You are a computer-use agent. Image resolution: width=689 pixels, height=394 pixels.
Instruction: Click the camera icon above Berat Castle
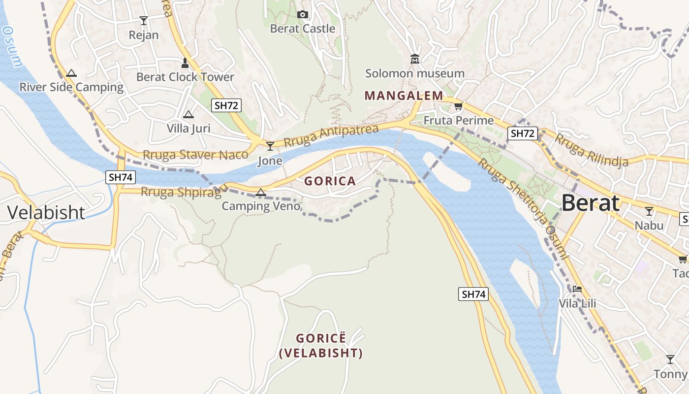(303, 15)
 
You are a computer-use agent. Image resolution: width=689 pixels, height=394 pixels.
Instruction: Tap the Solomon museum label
(414, 73)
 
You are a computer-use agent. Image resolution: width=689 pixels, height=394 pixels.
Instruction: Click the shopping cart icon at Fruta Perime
(458, 106)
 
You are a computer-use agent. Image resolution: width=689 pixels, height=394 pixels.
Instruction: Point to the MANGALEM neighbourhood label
(404, 96)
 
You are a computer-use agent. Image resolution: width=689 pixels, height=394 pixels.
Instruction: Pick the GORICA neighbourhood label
(330, 181)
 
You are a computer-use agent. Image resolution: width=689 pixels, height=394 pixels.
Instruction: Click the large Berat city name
(590, 202)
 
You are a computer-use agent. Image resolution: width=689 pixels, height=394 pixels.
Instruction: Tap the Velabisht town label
(46, 212)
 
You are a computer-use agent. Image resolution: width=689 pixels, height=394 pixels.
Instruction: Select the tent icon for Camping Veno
(261, 192)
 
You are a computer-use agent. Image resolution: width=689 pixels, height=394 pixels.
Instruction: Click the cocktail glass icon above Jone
(270, 146)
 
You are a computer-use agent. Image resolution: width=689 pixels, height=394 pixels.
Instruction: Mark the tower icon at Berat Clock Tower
(185, 63)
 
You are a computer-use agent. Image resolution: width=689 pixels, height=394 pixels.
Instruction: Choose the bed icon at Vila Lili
(577, 289)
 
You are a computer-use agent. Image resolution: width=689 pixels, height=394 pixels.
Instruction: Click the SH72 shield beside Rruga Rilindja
(522, 133)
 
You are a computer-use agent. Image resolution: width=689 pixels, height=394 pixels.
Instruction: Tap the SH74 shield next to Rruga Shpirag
(120, 177)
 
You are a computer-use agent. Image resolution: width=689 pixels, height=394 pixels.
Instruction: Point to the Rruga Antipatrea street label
(331, 137)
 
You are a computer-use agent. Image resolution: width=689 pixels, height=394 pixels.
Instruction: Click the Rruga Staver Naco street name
(195, 155)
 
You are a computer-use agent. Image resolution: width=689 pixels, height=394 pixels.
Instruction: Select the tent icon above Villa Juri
(188, 115)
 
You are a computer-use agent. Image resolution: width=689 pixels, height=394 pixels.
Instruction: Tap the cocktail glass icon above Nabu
(649, 211)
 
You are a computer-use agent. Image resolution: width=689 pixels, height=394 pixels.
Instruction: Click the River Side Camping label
(71, 87)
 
